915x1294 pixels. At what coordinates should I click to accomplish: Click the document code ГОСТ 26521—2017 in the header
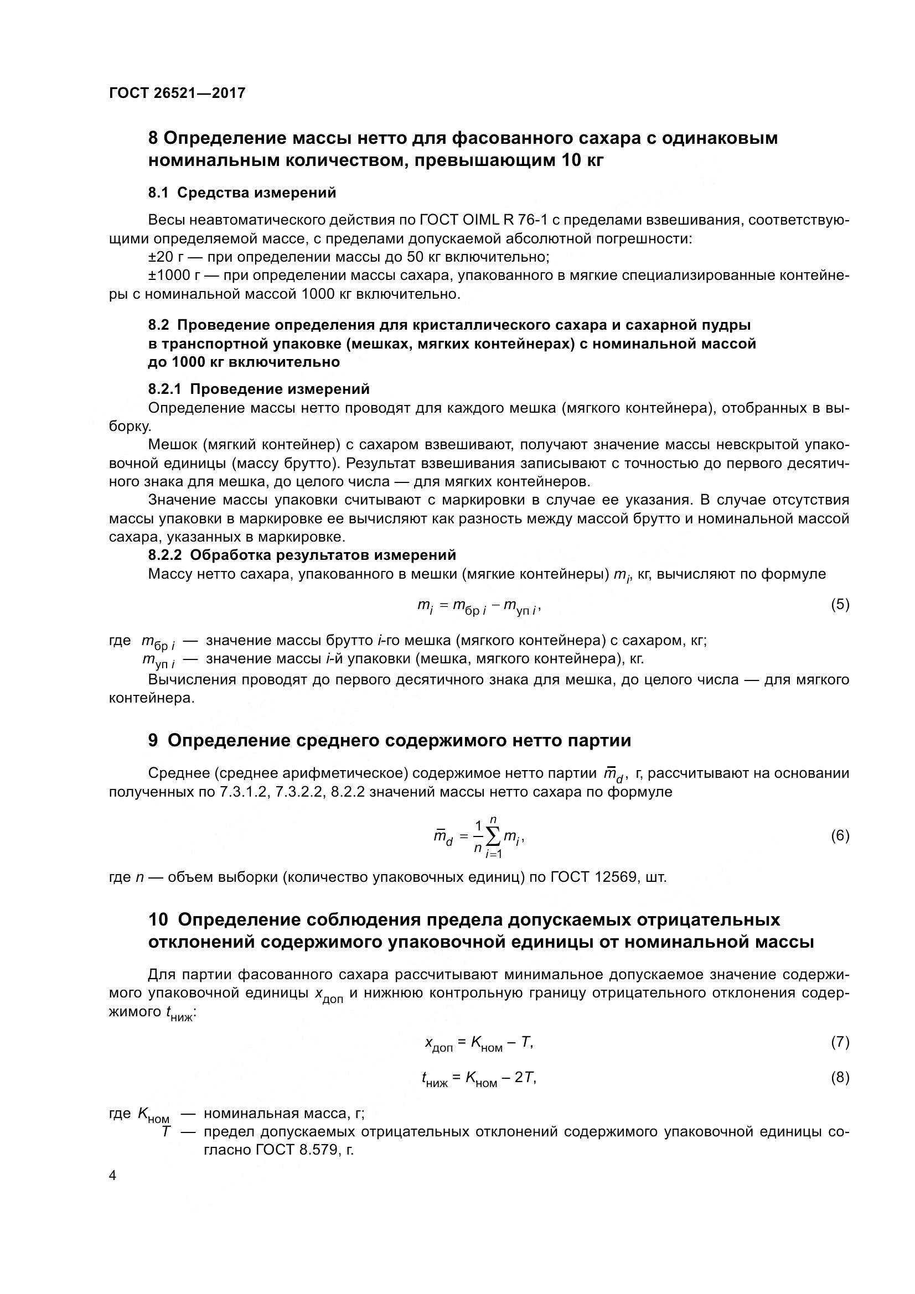177,93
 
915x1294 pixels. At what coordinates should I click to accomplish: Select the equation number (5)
840,605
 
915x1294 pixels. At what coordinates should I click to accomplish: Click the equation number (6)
840,836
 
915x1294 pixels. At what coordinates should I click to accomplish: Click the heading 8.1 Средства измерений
242,193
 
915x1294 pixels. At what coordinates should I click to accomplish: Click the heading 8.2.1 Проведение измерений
259,389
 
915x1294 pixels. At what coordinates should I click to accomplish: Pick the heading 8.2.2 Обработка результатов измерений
302,555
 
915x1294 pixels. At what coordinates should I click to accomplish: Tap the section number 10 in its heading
158,920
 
